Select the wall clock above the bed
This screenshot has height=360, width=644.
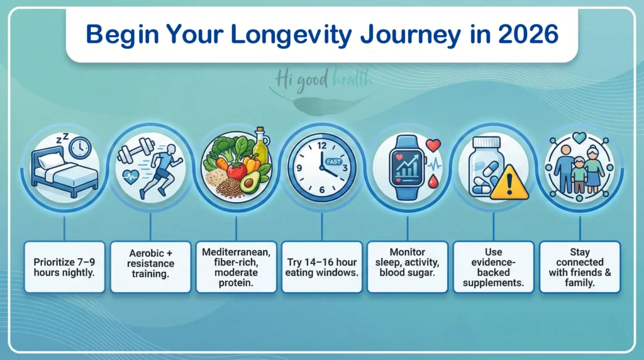click(80, 148)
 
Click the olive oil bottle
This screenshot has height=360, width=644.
click(260, 146)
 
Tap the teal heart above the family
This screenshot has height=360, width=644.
click(579, 137)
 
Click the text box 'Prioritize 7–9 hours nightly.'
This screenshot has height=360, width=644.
click(64, 267)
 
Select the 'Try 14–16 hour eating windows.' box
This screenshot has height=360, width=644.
click(322, 267)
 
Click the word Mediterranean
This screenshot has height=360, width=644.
click(236, 252)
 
